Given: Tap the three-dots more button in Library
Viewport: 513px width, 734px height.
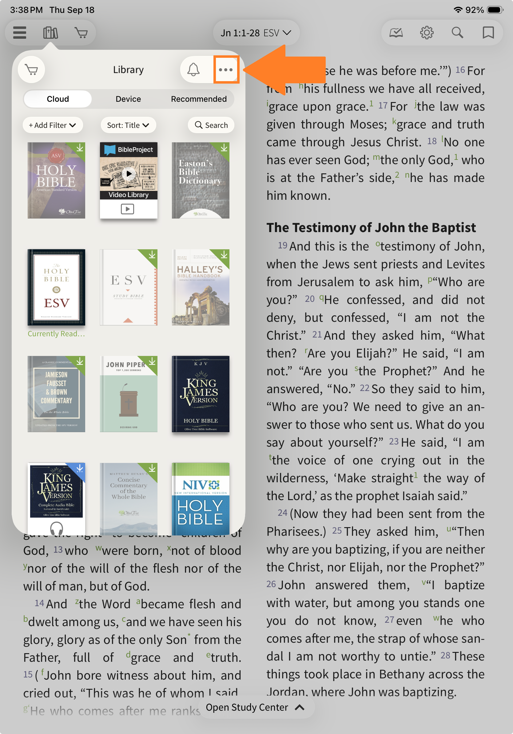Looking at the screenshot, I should pyautogui.click(x=226, y=70).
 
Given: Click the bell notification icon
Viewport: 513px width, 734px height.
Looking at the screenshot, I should pyautogui.click(x=193, y=70).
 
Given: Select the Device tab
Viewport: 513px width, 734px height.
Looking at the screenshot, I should pyautogui.click(x=128, y=99).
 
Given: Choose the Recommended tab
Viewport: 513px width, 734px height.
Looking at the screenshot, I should pyautogui.click(x=199, y=99).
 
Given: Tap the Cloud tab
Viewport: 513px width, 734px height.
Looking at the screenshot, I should pyautogui.click(x=58, y=99).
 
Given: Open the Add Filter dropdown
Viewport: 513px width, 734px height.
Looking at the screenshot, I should pyautogui.click(x=53, y=125).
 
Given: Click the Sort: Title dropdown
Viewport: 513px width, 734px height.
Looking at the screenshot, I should pyautogui.click(x=128, y=125).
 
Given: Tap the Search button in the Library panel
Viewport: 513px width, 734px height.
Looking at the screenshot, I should pyautogui.click(x=211, y=125).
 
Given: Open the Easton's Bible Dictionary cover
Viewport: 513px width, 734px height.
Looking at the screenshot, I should pyautogui.click(x=201, y=180).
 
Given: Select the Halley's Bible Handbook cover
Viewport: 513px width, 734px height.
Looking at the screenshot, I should pyautogui.click(x=201, y=287).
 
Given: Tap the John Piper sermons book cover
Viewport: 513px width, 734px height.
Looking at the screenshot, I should pyautogui.click(x=129, y=394).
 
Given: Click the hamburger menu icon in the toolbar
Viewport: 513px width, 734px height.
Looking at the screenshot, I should pyautogui.click(x=20, y=33).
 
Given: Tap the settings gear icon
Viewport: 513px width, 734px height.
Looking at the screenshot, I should pyautogui.click(x=427, y=33).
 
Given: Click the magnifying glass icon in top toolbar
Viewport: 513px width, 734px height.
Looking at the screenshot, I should pyautogui.click(x=457, y=33).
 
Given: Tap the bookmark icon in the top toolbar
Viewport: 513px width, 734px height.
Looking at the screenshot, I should pyautogui.click(x=488, y=33).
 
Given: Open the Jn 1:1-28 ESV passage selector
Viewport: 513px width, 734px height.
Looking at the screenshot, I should pyautogui.click(x=256, y=33).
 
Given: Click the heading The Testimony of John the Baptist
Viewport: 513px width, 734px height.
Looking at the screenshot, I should pyautogui.click(x=371, y=228).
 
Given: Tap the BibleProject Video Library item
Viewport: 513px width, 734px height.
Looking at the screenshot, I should pyautogui.click(x=129, y=180).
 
